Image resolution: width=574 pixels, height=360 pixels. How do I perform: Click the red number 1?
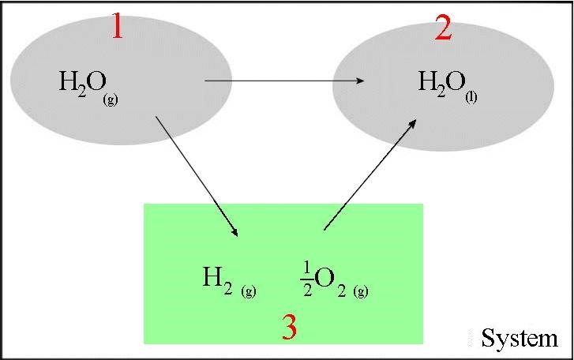pos(117,25)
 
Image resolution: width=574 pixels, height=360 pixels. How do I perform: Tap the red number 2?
pos(443,28)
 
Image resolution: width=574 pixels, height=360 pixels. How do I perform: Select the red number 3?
pos(290,327)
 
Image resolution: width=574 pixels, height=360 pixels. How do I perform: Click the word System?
pos(520,338)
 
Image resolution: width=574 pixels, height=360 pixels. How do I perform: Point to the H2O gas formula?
pos(88,88)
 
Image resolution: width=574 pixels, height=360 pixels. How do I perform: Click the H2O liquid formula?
pos(448,87)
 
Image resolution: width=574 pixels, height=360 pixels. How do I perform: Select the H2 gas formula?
pos(229,282)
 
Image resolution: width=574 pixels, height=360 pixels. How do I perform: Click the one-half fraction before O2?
pos(307,280)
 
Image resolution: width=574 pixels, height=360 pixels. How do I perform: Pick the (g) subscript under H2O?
pos(111,99)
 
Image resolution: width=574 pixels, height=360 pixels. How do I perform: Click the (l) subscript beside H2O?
pos(471,98)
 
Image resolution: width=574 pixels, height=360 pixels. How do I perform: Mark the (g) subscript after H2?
pos(249,291)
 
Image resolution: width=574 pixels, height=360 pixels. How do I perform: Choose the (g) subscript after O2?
pos(361,291)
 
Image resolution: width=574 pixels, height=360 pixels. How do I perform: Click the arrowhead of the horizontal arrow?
pos(360,81)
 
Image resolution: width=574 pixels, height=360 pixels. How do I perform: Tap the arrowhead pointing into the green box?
pos(234,231)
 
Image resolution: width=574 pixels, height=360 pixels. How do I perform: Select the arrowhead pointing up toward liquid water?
pos(412,124)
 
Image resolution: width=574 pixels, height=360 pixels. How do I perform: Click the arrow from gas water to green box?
pos(197,177)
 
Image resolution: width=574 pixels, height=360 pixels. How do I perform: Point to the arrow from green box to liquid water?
pos(370,174)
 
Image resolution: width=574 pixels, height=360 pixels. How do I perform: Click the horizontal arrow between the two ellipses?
pos(285,81)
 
